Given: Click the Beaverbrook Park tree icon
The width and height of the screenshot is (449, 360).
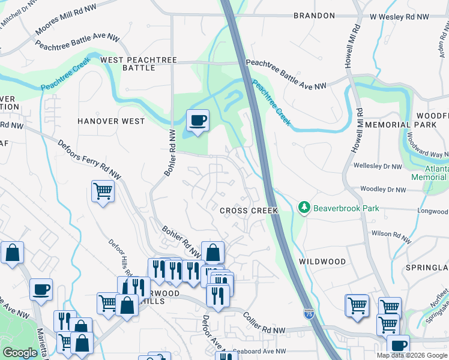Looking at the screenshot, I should (x=305, y=208).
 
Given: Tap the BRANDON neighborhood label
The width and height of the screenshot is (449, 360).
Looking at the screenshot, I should (x=313, y=15).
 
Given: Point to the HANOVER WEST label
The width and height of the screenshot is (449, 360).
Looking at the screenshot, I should (x=111, y=121).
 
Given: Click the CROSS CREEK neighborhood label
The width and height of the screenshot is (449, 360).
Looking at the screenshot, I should (x=249, y=211).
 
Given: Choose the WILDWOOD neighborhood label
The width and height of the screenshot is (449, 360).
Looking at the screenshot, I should (x=322, y=262).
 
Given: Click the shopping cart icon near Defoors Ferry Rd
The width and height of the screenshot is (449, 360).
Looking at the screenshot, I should (x=103, y=191).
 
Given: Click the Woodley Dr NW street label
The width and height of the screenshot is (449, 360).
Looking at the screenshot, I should (x=383, y=190).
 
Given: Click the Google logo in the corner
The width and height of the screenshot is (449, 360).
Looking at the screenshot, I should (x=20, y=353).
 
